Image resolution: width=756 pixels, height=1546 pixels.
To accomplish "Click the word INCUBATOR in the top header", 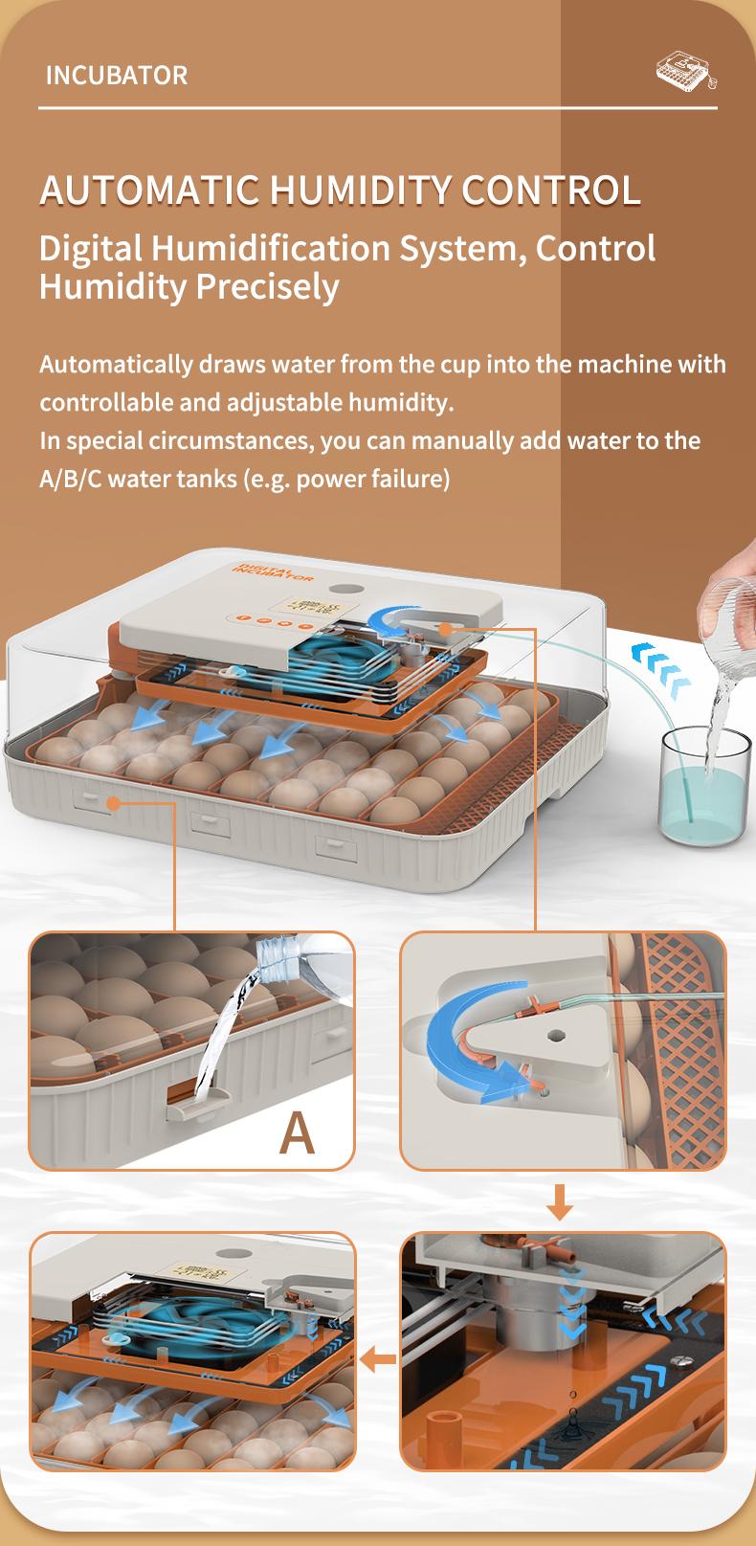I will [x=117, y=75].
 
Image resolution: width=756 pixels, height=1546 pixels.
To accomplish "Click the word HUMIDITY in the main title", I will [x=360, y=190].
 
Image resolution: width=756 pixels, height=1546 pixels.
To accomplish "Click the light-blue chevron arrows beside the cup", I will [x=660, y=668].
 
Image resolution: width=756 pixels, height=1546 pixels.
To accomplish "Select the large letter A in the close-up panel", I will [x=297, y=1132].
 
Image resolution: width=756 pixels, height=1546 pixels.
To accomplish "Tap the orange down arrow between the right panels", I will [x=561, y=1201].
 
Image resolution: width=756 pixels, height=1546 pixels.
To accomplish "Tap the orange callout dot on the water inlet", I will [x=444, y=629].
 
